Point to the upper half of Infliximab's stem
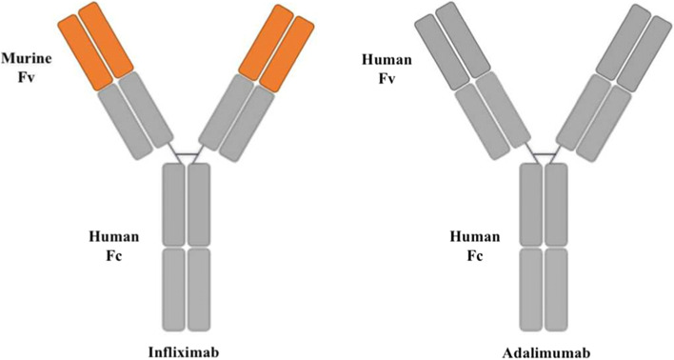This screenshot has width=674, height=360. coord(186,204)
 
